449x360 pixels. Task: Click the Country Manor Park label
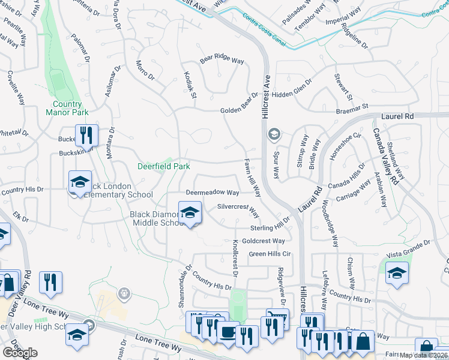(x=67, y=107)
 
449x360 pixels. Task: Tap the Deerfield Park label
(x=164, y=166)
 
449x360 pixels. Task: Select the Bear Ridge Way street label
(x=221, y=61)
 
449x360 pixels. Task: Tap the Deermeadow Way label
(x=212, y=193)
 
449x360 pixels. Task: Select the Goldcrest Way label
(x=264, y=241)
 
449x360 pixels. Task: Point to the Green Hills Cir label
(x=270, y=254)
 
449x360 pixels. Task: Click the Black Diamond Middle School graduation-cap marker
(x=190, y=213)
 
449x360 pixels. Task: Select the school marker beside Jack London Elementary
(x=79, y=183)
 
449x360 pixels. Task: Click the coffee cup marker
(x=228, y=333)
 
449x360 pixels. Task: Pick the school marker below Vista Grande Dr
(x=397, y=272)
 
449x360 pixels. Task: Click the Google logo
(x=20, y=353)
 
